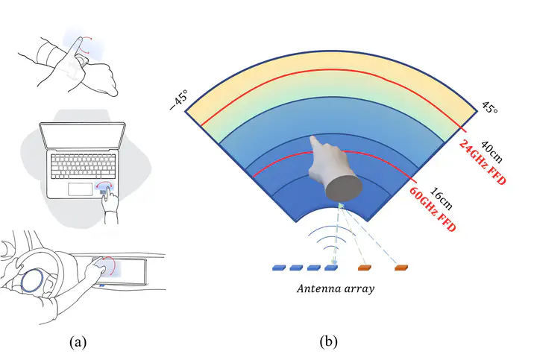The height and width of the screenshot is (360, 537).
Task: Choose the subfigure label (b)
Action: tap(328, 341)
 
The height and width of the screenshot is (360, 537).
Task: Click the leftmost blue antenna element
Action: tap(280, 267)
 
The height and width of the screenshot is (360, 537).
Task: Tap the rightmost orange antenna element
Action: tap(402, 266)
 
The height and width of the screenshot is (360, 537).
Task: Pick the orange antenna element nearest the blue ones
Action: tap(365, 266)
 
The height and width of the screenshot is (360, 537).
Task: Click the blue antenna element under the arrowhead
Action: tap(332, 267)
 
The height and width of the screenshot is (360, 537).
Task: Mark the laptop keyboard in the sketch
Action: tap(83, 168)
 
